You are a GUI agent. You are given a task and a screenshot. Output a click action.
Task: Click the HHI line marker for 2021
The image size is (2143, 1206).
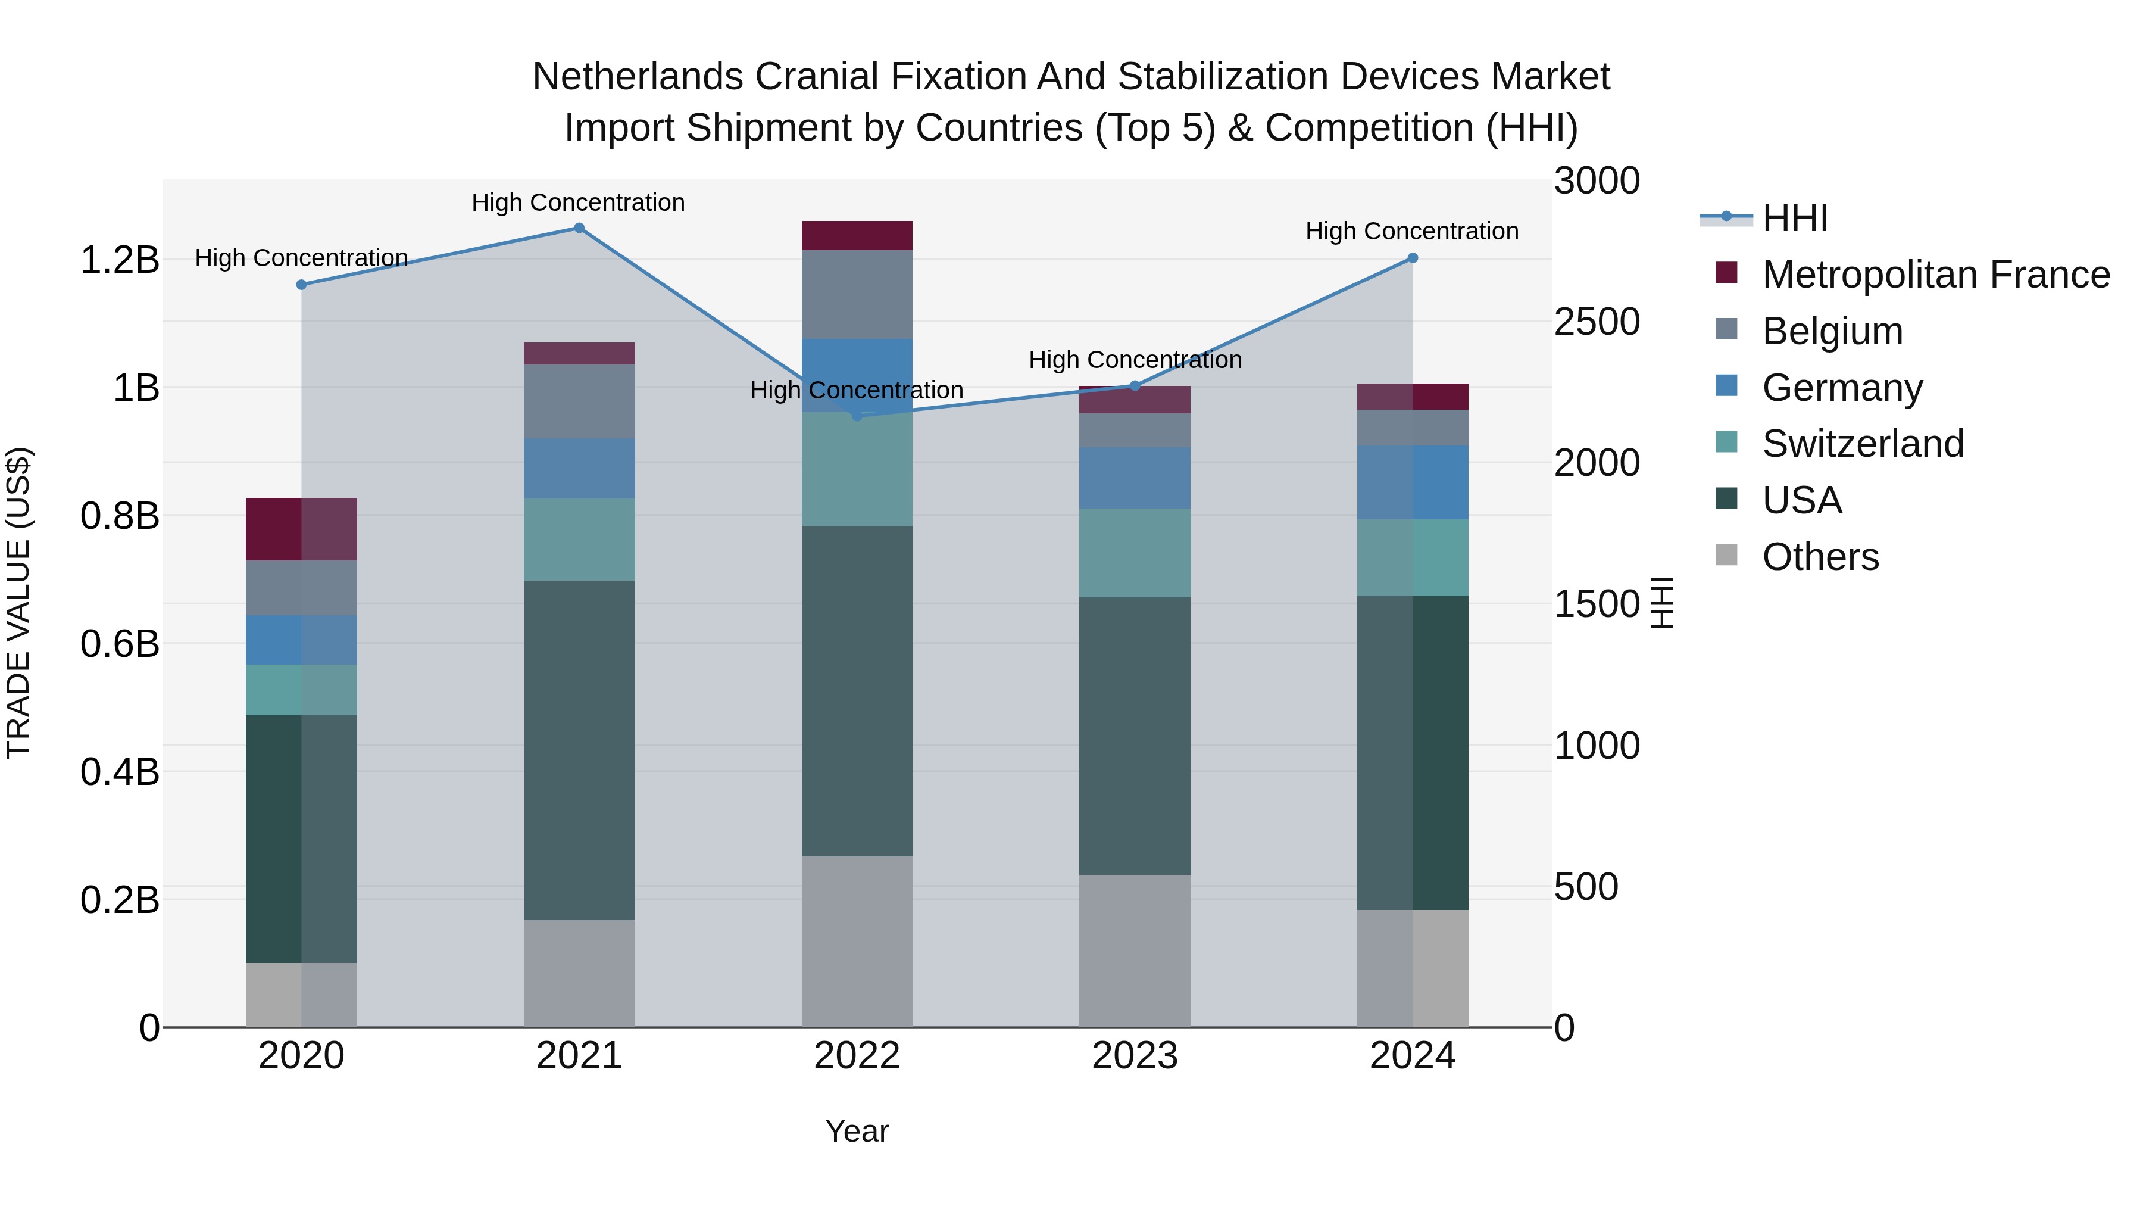(x=579, y=228)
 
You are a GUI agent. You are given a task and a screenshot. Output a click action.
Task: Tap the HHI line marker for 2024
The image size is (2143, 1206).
(x=1413, y=258)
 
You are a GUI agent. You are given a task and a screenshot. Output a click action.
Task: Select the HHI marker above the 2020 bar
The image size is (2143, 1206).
(x=301, y=285)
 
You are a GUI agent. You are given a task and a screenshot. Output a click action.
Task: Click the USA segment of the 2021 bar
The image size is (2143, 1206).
(x=579, y=749)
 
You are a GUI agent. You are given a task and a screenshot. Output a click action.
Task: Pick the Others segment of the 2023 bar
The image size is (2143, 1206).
(x=1135, y=951)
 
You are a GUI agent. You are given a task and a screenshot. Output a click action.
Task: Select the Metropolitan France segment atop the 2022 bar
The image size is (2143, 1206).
(x=857, y=235)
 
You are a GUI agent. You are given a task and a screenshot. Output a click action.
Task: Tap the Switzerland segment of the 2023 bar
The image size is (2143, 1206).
(x=1135, y=553)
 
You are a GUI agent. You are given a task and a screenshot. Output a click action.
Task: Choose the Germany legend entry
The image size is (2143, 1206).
(x=1842, y=388)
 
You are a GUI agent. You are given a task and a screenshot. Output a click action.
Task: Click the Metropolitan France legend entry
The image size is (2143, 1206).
(x=1935, y=275)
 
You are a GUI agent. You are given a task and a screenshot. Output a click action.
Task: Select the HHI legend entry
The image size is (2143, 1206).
(x=1794, y=218)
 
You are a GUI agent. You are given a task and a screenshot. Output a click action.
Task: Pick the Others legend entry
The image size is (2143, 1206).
(x=1819, y=557)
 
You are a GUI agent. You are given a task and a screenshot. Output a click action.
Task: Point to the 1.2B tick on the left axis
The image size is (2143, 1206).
(x=120, y=260)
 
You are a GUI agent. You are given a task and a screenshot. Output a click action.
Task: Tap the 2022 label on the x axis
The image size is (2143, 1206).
(x=857, y=1056)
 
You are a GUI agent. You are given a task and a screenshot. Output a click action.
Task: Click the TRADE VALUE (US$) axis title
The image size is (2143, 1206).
(x=18, y=603)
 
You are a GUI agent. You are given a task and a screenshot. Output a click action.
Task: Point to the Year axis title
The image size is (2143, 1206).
(x=857, y=1131)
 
